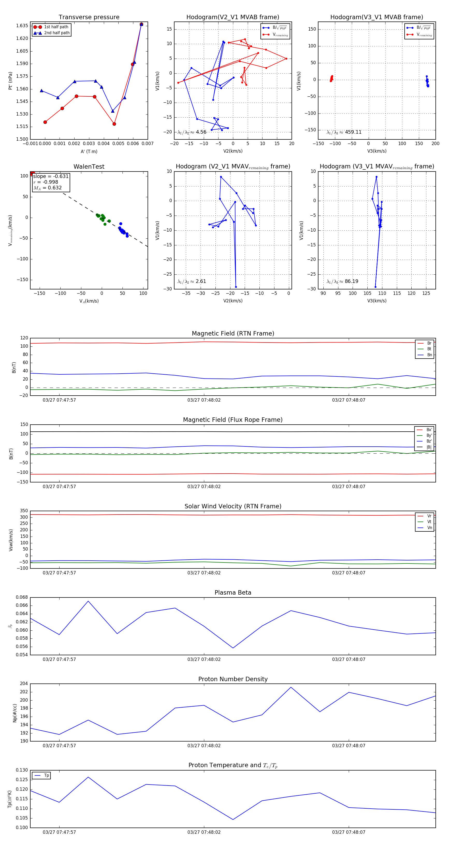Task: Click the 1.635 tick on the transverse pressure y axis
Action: click(x=22, y=26)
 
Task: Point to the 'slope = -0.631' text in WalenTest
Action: click(x=51, y=176)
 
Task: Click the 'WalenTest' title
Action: click(x=89, y=167)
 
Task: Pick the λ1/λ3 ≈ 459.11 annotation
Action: click(x=344, y=132)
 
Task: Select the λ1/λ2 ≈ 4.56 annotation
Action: click(x=192, y=132)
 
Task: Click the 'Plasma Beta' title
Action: click(x=233, y=593)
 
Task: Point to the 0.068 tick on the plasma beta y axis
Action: click(x=22, y=597)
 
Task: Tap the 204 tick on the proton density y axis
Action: click(x=24, y=684)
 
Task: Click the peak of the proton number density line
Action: click(x=291, y=687)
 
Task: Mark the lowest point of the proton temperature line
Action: click(x=233, y=820)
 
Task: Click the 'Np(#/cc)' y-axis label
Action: click(x=14, y=712)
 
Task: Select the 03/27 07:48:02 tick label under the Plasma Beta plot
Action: click(x=204, y=659)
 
